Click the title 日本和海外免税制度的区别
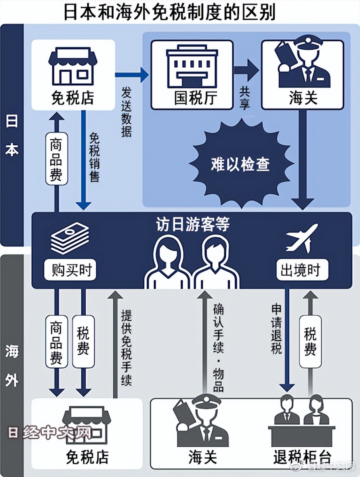pyautogui.click(x=170, y=12)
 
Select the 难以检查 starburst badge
pyautogui.click(x=240, y=164)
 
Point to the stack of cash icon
pyautogui.click(x=70, y=238)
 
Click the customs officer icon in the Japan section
pyautogui.click(x=302, y=64)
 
